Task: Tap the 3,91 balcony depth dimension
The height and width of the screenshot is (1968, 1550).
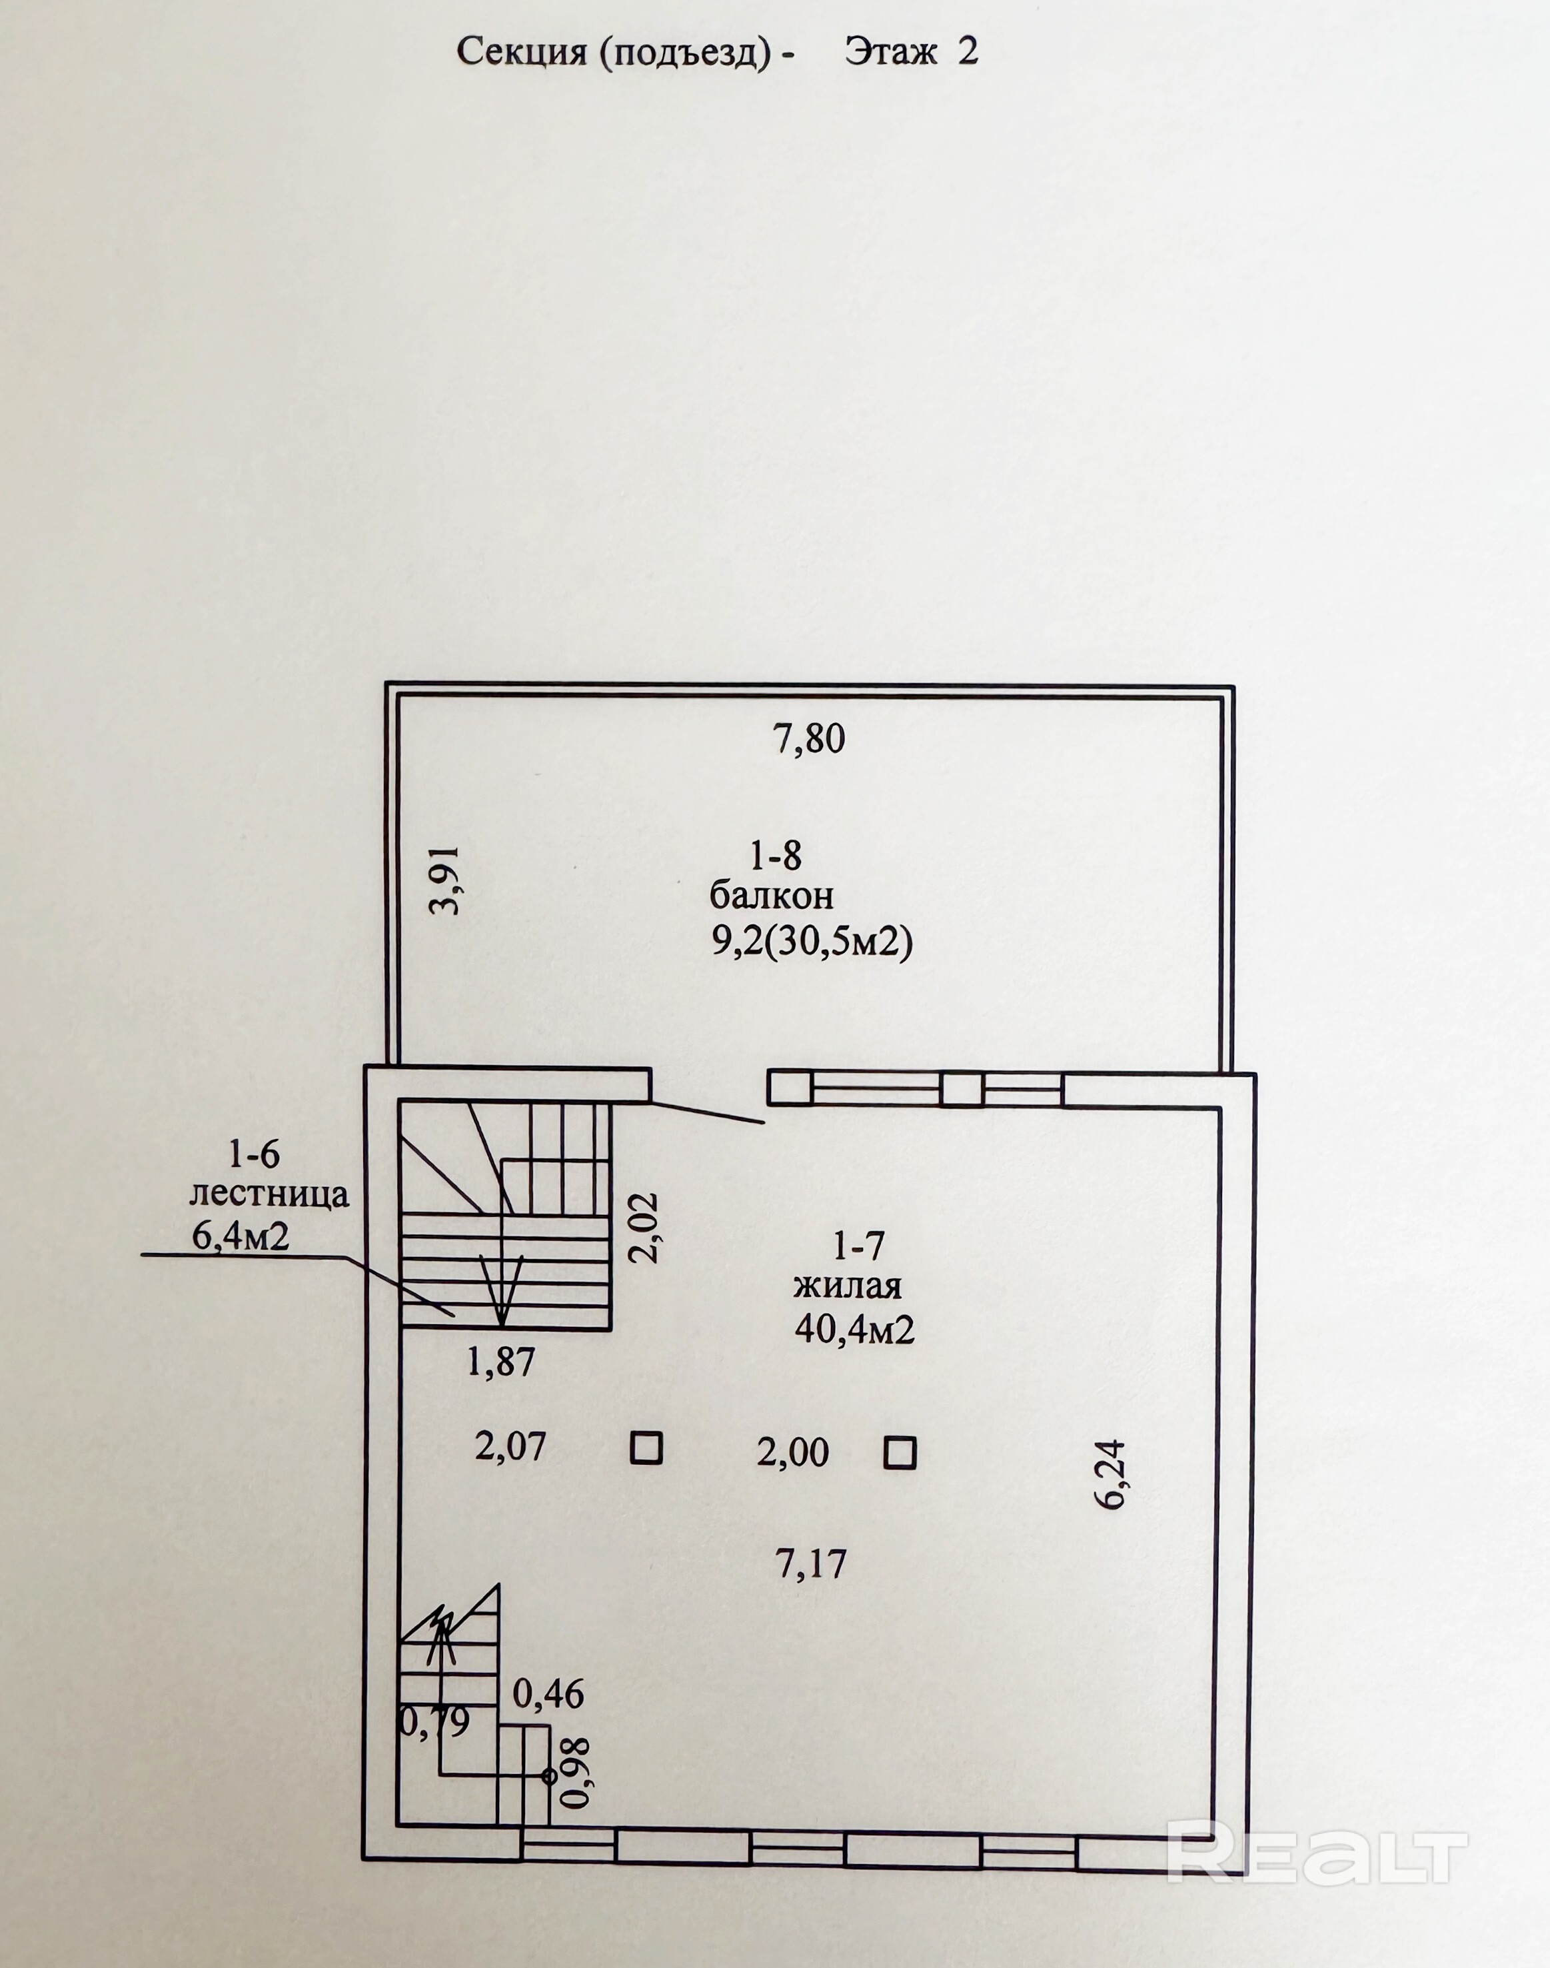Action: click(446, 880)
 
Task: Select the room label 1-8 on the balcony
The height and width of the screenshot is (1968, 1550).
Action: click(775, 854)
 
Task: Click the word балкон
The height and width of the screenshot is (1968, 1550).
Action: click(772, 896)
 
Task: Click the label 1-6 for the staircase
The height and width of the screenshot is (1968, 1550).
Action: click(253, 1155)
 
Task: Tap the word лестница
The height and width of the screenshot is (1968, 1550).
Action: click(269, 1195)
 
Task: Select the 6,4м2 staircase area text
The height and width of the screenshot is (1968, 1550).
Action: click(241, 1236)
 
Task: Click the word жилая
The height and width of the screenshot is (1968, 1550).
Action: click(848, 1287)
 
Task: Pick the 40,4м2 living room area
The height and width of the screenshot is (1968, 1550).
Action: click(854, 1330)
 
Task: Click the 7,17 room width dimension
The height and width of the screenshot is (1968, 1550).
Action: click(810, 1564)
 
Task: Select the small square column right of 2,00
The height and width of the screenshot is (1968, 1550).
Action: click(900, 1453)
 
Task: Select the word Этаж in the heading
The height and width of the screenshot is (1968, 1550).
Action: click(890, 52)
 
